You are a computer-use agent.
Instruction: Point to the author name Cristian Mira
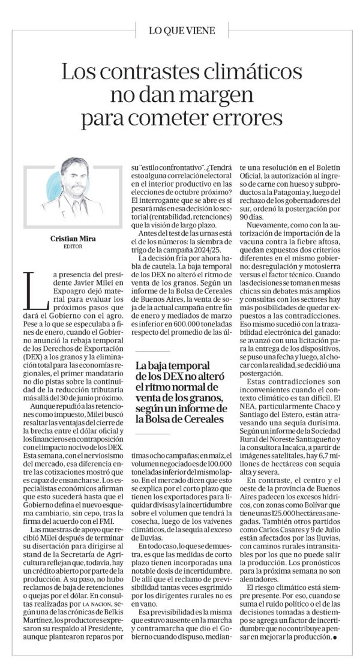coord(75,238)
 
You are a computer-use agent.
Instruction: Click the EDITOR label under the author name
coord(75,246)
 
